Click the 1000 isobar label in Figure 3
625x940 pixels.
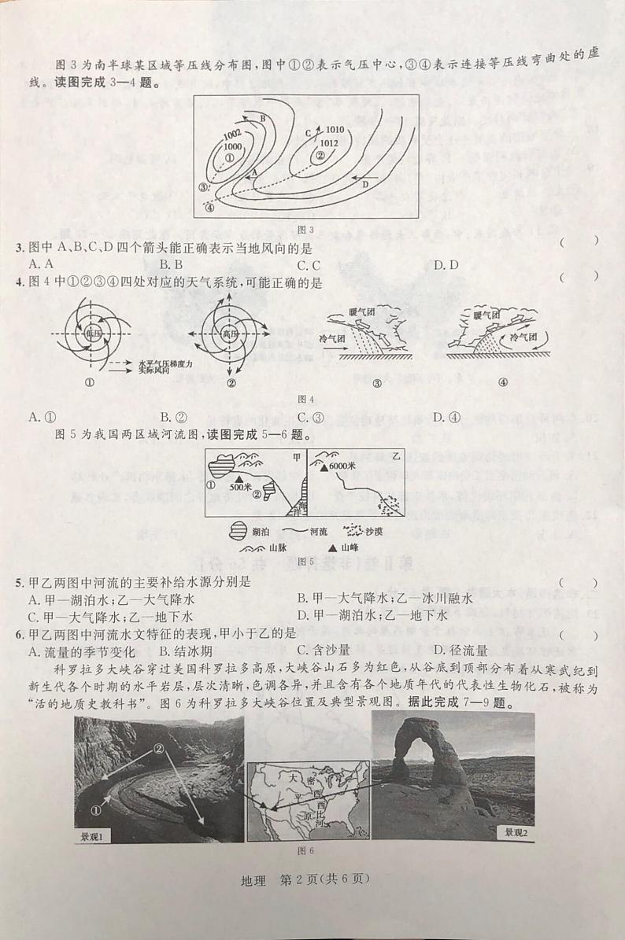[232, 146]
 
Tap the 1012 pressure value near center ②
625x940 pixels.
[329, 142]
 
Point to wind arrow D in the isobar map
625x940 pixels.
[364, 183]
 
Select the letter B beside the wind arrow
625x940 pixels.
[263, 117]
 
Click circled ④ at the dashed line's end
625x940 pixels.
[209, 208]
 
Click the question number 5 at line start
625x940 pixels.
[19, 582]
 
